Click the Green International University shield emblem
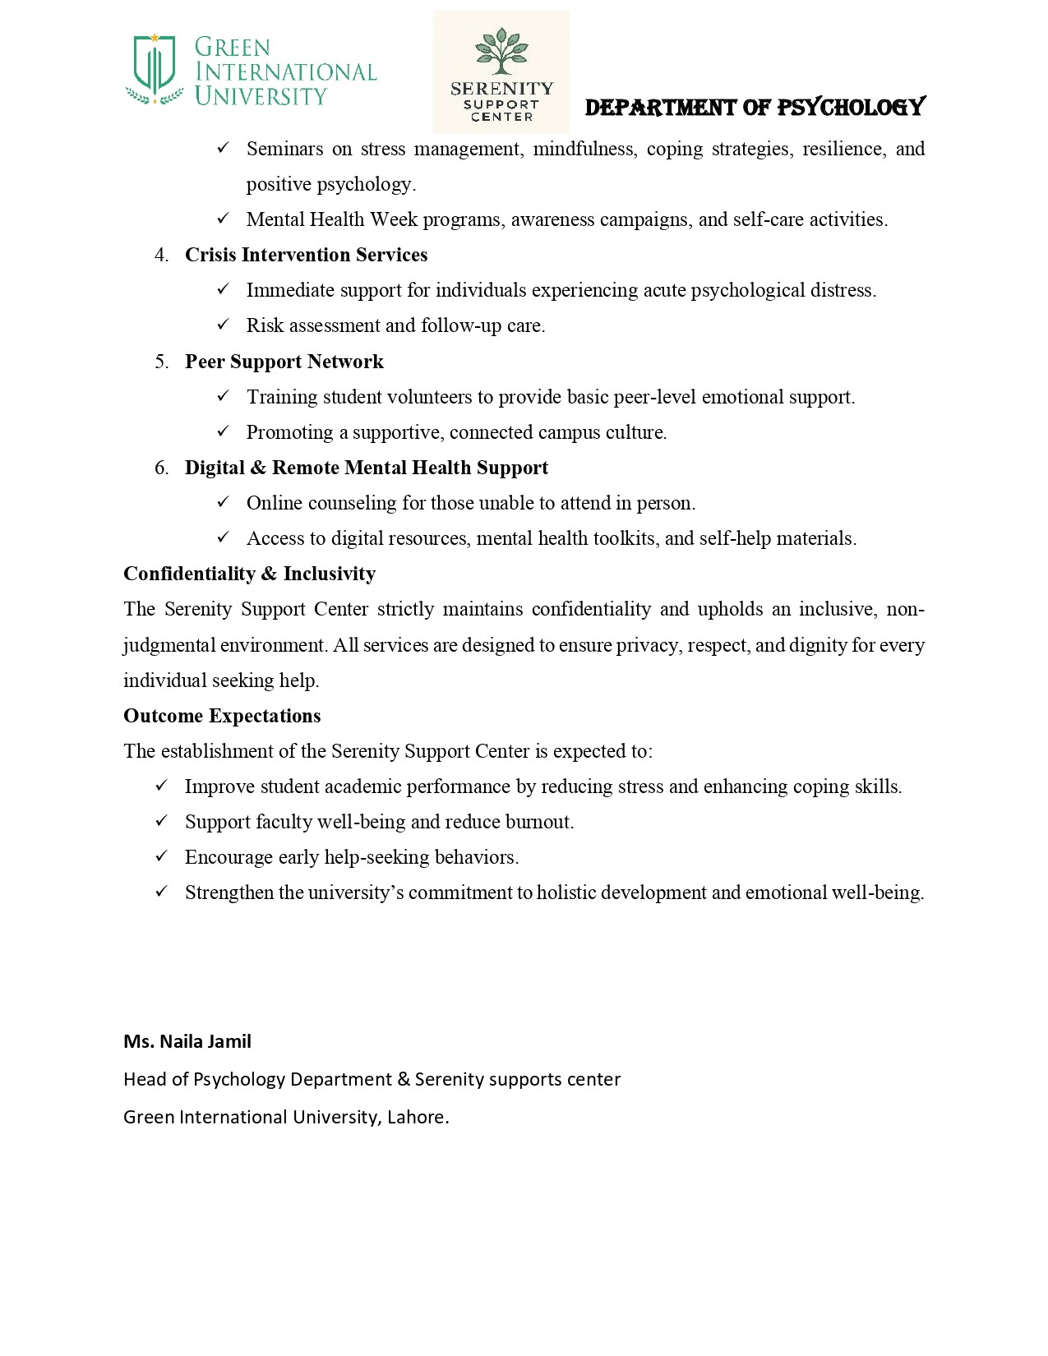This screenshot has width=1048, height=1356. click(x=155, y=66)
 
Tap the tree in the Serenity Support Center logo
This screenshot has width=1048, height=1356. click(x=501, y=51)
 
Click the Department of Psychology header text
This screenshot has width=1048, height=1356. click(x=755, y=107)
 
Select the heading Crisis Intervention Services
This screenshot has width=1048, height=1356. click(x=306, y=255)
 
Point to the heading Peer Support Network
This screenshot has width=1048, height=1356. click(x=284, y=362)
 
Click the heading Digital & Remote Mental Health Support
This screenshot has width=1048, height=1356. click(x=366, y=468)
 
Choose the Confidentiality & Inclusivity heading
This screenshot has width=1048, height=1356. click(x=249, y=574)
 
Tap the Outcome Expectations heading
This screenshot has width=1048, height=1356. click(x=222, y=716)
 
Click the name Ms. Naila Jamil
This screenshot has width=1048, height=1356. click(x=187, y=1041)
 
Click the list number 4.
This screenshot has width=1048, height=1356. click(x=161, y=255)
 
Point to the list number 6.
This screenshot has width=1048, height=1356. click(x=161, y=468)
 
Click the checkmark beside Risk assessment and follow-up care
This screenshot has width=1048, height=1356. click(x=223, y=325)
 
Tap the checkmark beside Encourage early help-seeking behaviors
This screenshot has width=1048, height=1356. click(x=161, y=856)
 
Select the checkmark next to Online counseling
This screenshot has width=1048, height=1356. click(x=223, y=502)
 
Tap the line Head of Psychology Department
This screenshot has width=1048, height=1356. click(x=372, y=1079)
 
